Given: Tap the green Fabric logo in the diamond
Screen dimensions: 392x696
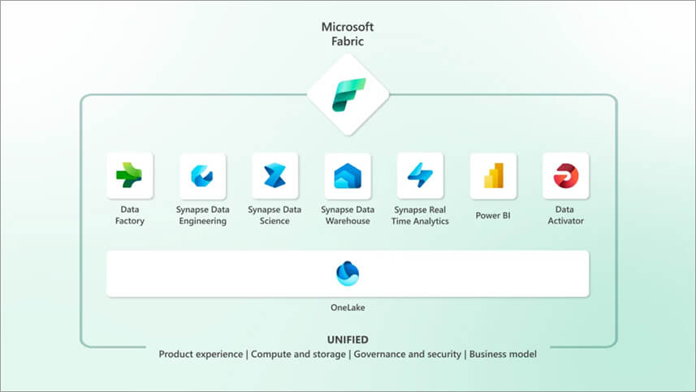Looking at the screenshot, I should (x=348, y=94).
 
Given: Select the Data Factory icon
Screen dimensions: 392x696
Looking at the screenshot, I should (x=128, y=175).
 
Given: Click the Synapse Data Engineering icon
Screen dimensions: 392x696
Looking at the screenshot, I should (x=201, y=176).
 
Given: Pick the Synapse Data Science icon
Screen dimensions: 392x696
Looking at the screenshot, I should (x=275, y=176).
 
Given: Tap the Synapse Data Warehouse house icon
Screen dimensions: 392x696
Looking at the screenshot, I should (x=348, y=176).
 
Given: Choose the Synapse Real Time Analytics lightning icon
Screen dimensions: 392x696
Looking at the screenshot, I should (x=420, y=175).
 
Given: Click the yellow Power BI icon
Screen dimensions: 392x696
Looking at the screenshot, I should (x=493, y=176).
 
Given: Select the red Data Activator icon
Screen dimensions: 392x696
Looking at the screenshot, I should (x=565, y=175).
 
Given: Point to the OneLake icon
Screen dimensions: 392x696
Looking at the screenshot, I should (x=348, y=274).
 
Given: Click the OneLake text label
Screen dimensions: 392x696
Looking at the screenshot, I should (x=348, y=309).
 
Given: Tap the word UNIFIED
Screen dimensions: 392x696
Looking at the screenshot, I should (x=348, y=339).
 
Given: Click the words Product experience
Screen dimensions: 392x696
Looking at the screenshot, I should (x=201, y=355).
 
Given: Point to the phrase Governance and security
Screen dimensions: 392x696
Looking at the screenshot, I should (x=406, y=355).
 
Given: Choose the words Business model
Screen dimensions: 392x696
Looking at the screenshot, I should (x=503, y=355).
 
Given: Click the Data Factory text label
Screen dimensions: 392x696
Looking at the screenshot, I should (x=128, y=215).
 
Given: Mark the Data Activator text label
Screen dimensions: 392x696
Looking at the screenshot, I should (x=565, y=215).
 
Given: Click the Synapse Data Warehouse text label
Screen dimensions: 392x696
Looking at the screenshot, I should (x=348, y=215).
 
